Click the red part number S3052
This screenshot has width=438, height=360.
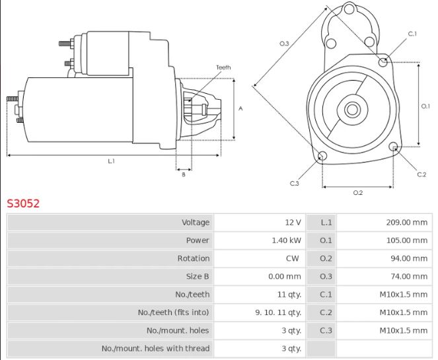(x=23, y=203)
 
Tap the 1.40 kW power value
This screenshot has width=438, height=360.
(x=286, y=240)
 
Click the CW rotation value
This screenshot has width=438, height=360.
(x=294, y=258)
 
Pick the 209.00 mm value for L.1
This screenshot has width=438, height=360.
(x=406, y=223)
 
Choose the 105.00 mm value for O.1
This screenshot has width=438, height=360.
(x=406, y=240)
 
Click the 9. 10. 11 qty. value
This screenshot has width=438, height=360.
(x=278, y=312)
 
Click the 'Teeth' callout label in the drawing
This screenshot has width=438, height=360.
(x=223, y=67)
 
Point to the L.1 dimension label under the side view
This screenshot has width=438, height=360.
(x=111, y=162)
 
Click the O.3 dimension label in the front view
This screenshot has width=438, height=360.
(x=284, y=44)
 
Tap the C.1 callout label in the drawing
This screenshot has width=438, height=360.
(x=412, y=34)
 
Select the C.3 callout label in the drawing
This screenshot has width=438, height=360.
(x=295, y=183)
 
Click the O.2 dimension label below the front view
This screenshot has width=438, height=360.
(x=357, y=193)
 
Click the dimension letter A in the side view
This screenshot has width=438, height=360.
(x=241, y=108)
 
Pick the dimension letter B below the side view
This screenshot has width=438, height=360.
(x=183, y=174)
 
